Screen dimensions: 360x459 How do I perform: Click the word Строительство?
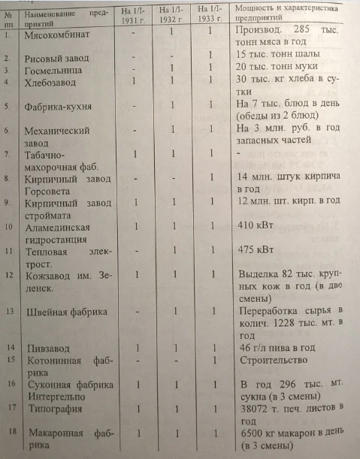pos(271,360)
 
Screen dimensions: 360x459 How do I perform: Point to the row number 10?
pos(10,226)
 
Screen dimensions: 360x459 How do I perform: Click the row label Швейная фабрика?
pos(65,311)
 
